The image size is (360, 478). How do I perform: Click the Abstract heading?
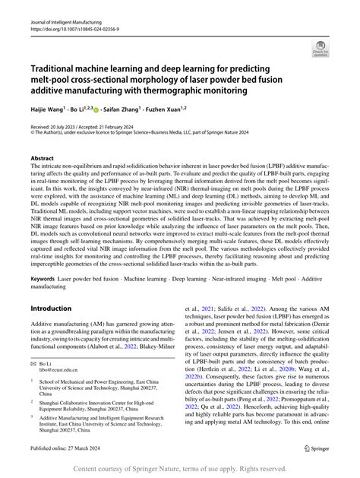pyautogui.click(x=46, y=157)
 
